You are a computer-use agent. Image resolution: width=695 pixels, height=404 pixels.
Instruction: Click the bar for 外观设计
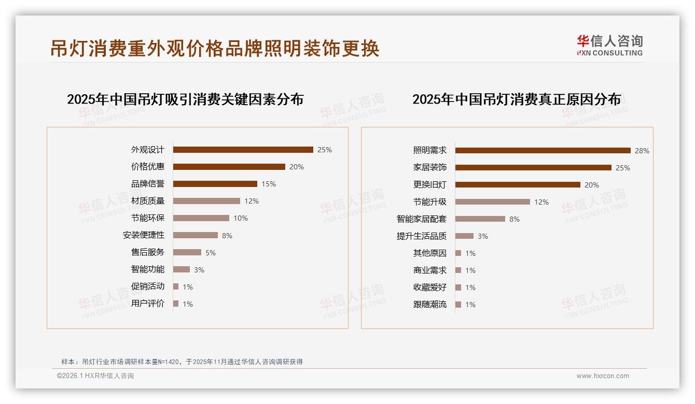(243, 150)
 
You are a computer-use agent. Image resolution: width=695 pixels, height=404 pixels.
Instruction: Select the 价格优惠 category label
(147, 167)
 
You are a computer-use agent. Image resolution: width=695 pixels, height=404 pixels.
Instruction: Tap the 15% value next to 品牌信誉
(269, 184)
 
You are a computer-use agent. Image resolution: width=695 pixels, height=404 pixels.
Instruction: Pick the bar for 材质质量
(206, 201)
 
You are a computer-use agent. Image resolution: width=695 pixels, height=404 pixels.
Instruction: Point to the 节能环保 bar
(201, 218)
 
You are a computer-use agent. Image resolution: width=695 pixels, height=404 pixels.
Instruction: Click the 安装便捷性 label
(143, 235)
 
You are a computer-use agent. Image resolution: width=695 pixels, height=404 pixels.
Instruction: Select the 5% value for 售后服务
(210, 253)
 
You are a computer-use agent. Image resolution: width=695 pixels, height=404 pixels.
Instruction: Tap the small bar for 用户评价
(176, 304)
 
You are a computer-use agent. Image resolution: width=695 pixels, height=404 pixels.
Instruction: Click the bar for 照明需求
(543, 151)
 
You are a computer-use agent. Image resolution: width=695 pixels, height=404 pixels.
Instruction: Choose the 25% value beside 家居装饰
(622, 168)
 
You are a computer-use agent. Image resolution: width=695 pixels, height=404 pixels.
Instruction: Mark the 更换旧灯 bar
(518, 185)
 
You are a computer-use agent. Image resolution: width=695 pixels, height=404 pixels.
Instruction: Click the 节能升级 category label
(429, 202)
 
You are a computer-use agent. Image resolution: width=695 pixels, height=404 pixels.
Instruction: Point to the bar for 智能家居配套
(480, 219)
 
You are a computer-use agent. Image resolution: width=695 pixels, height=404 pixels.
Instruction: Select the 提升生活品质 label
(421, 236)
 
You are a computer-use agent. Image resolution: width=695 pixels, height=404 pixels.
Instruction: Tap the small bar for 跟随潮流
(458, 305)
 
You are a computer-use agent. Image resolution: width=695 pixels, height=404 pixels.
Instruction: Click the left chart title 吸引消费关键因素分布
(185, 99)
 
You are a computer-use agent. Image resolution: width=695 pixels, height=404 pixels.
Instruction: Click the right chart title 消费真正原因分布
(516, 99)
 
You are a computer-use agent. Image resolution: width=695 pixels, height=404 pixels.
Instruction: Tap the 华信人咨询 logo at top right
(609, 45)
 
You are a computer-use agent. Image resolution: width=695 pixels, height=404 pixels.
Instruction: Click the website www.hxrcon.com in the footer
(602, 376)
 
